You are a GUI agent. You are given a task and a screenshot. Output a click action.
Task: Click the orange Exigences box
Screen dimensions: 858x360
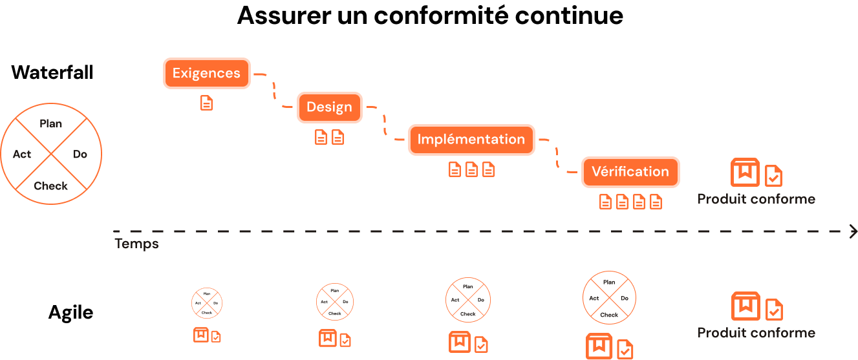207,73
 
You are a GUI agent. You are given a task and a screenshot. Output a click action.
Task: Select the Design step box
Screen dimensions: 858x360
329,107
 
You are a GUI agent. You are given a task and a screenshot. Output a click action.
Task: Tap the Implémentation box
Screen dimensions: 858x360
471,140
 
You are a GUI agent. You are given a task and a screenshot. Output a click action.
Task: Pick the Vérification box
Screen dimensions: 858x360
630,172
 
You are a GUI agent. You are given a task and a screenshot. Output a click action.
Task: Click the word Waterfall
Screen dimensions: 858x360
52,72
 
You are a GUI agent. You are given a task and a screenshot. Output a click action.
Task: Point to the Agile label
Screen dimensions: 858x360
71,313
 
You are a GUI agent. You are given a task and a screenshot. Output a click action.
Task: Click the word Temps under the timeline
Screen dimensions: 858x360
136,244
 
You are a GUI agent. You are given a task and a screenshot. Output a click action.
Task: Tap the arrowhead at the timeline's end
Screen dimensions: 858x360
853,231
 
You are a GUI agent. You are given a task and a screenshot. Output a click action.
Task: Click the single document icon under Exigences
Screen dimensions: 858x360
206,103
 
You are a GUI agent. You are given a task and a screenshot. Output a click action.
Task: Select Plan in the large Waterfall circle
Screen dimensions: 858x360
50,123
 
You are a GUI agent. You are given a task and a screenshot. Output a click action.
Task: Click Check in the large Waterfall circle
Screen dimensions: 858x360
50,185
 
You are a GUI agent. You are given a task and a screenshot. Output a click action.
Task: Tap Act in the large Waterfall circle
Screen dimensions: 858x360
22,154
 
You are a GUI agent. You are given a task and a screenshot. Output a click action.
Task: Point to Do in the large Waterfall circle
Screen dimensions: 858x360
80,154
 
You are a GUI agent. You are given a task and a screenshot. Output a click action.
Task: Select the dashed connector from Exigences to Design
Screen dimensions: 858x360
274,90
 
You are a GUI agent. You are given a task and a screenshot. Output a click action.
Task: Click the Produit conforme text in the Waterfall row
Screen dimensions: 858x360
756,199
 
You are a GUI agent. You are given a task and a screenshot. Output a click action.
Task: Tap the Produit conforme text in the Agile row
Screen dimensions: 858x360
756,333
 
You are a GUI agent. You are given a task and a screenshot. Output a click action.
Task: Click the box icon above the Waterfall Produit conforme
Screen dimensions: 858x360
745,173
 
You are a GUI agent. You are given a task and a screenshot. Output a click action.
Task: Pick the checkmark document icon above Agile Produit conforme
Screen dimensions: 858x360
774,310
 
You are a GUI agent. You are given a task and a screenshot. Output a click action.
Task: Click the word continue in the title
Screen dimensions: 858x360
569,16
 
